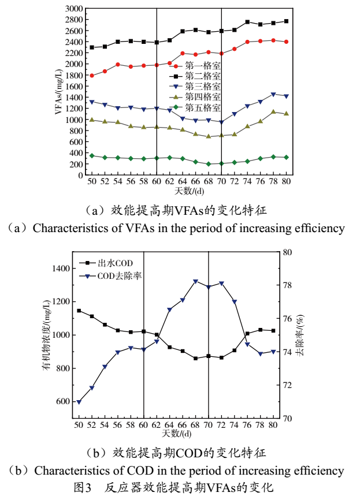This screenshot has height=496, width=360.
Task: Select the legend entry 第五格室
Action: click(202, 107)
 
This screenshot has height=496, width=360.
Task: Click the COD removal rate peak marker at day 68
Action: click(195, 281)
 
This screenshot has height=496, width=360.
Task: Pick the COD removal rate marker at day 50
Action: click(79, 402)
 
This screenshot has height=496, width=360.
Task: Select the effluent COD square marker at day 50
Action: click(79, 311)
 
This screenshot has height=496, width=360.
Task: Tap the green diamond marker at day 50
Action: click(92, 156)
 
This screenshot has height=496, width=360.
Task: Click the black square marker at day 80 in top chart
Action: click(286, 21)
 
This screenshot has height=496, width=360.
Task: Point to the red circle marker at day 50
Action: click(92, 76)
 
